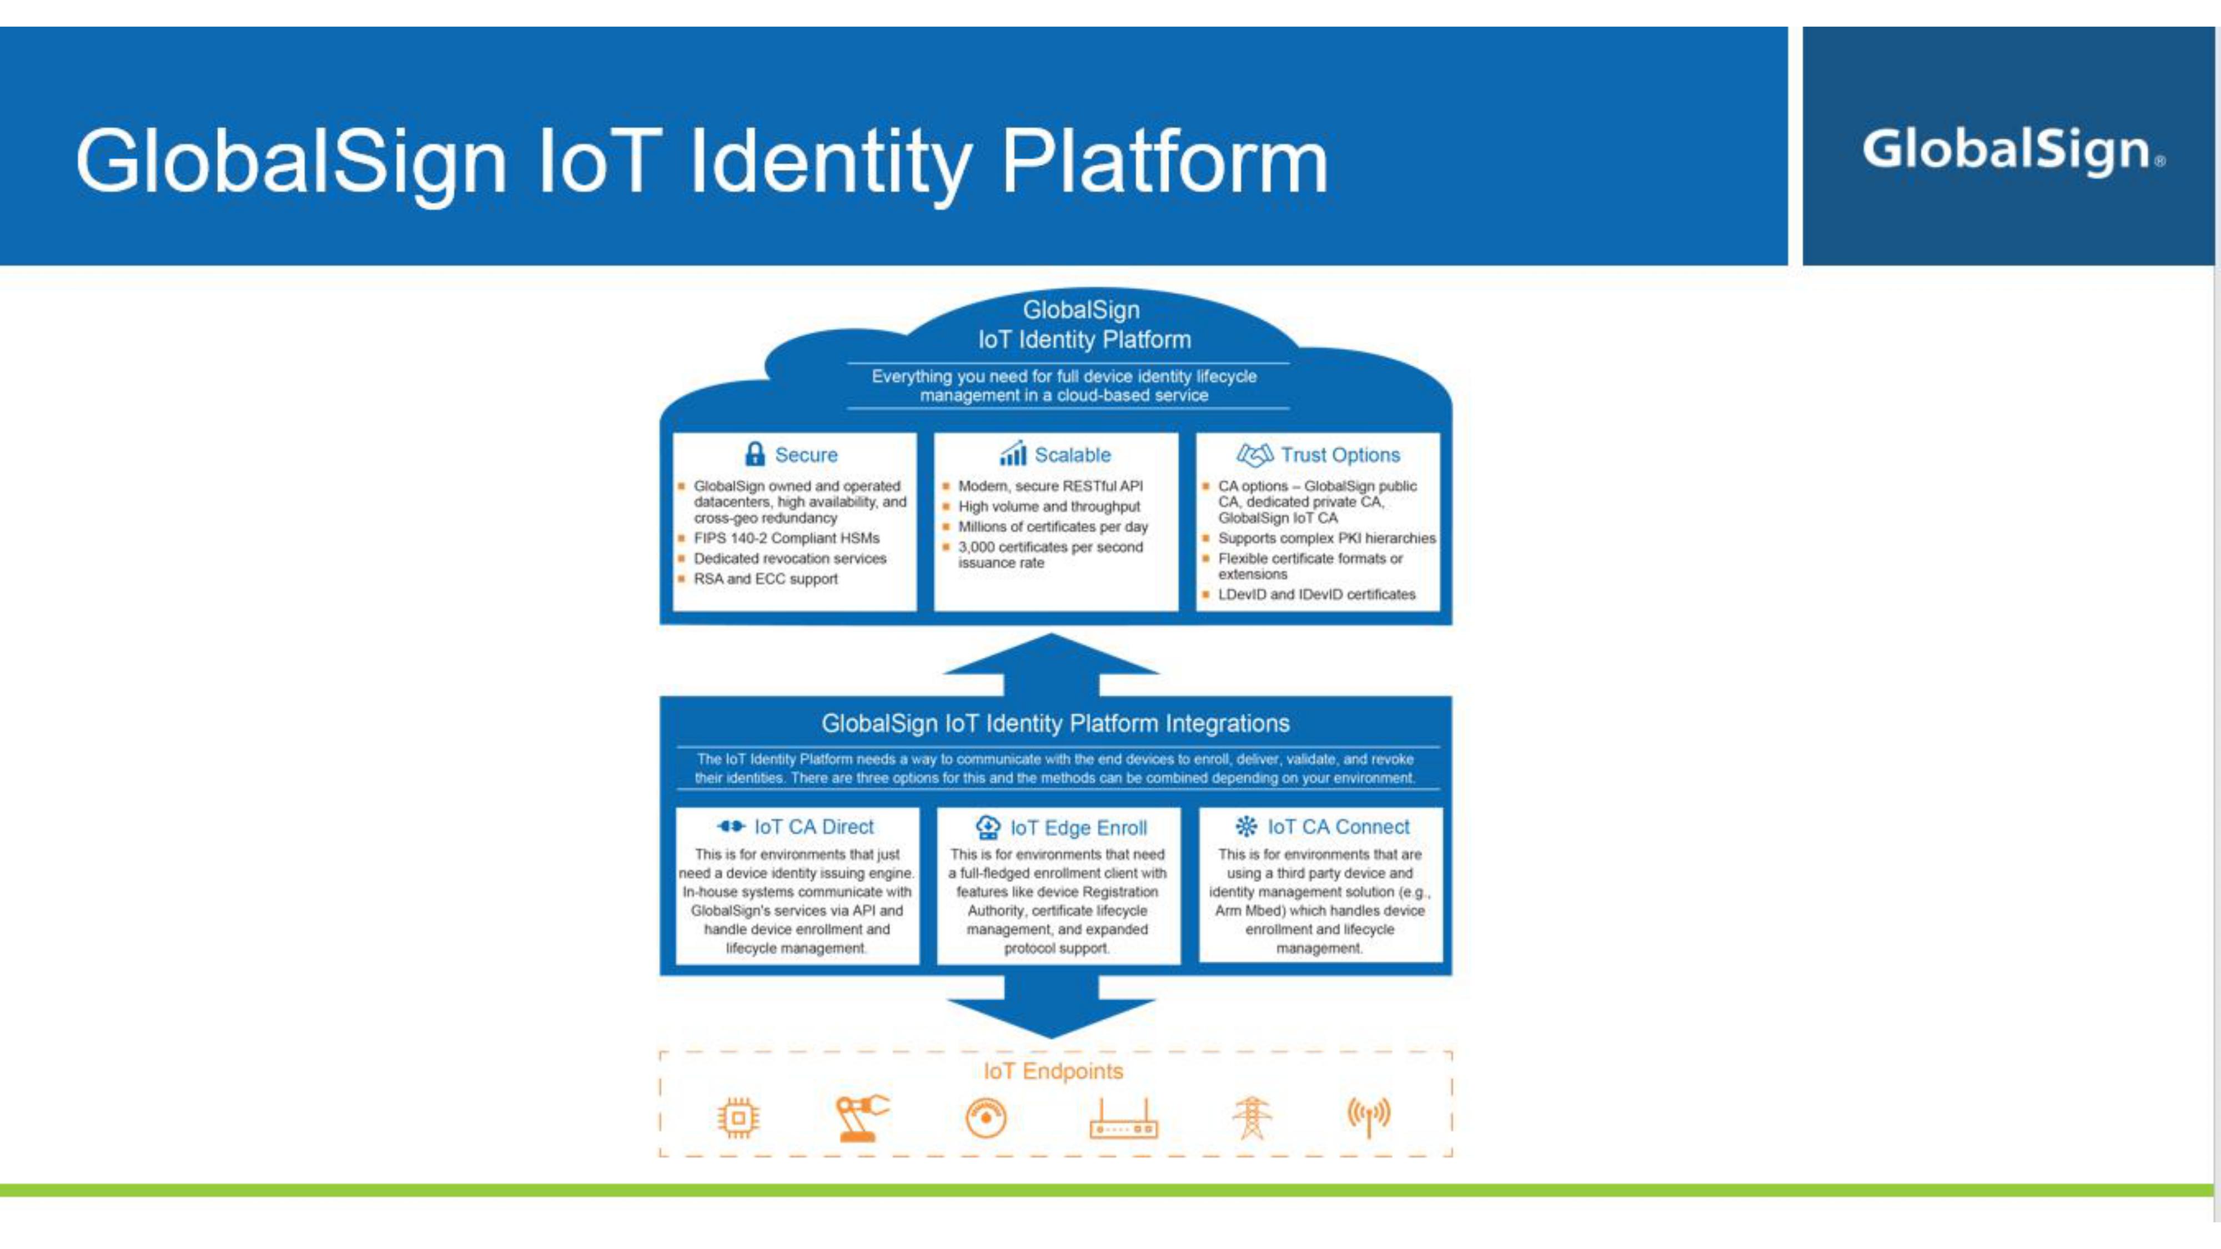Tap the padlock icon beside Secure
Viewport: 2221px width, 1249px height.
click(755, 454)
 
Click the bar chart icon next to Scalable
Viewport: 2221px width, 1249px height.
click(1013, 454)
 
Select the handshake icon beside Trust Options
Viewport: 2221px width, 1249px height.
click(1254, 454)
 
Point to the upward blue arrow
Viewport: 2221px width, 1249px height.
click(1051, 664)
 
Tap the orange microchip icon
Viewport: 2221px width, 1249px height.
click(738, 1118)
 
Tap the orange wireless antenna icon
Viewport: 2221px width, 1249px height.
click(1368, 1116)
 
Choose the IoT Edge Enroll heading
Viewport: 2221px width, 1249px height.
click(1078, 828)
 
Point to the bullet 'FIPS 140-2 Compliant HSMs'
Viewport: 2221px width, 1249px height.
click(786, 538)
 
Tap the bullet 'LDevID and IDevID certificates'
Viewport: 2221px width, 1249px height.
click(1316, 594)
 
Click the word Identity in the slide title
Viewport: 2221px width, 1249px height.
click(830, 163)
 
